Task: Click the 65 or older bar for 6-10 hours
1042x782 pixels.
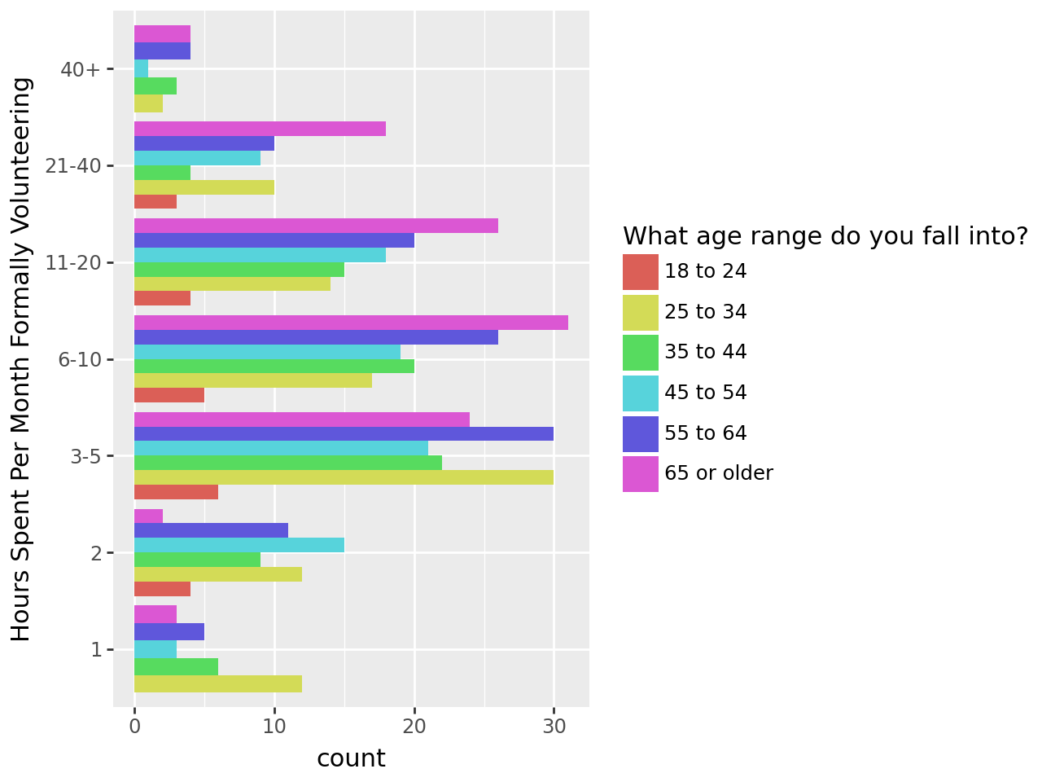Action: point(351,323)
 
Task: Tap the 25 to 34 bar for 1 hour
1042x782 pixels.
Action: point(218,683)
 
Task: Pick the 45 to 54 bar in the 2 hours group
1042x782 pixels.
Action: point(239,545)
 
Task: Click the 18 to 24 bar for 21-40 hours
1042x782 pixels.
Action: point(155,202)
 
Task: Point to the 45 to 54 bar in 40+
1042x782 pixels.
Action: point(142,69)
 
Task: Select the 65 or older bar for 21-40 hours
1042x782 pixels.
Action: point(260,129)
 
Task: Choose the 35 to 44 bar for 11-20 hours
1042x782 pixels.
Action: point(239,270)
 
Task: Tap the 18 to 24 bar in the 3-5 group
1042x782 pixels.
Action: point(176,492)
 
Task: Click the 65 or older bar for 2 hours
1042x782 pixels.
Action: point(149,516)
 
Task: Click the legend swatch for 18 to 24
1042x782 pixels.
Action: point(641,272)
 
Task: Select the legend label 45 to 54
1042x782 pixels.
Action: point(705,393)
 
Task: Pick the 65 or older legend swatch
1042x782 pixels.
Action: point(641,474)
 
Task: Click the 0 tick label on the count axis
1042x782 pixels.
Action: point(134,726)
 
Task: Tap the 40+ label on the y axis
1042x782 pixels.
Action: point(81,69)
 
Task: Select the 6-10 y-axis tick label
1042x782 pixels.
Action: point(80,359)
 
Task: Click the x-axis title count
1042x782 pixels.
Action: point(351,758)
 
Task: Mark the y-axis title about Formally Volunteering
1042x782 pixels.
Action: point(22,359)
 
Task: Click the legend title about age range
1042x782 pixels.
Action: point(825,236)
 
